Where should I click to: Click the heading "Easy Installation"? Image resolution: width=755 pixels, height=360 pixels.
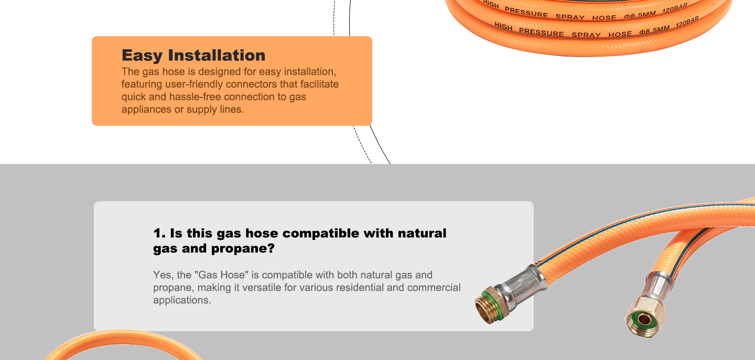coord(193,55)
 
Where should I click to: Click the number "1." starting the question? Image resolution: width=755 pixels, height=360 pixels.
coord(159,233)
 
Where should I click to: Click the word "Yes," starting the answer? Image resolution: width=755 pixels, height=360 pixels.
coord(164,275)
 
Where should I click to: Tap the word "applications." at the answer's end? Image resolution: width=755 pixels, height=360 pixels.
coord(181,300)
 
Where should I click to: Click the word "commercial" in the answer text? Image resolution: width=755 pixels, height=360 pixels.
coord(434,288)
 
